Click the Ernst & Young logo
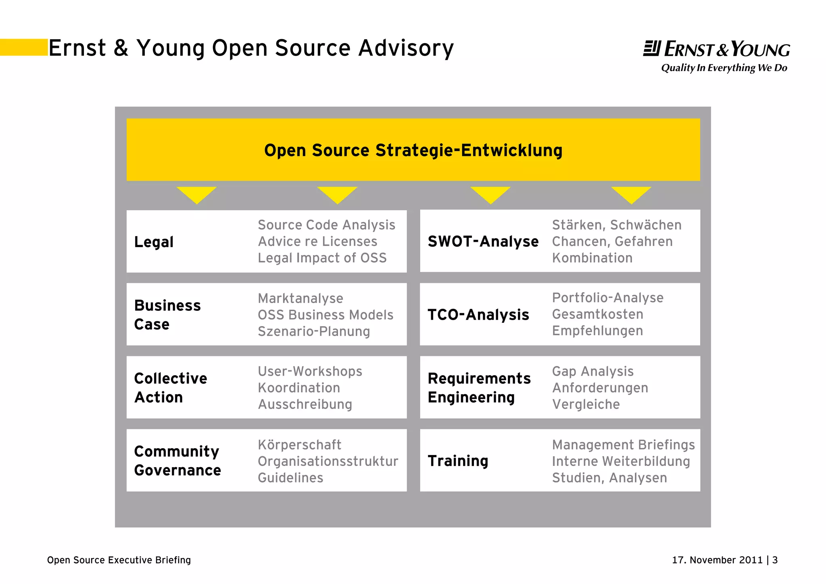pos(716,49)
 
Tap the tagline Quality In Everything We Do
pos(724,68)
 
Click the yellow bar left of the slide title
pos(24,47)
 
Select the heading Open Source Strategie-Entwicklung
pos(413,150)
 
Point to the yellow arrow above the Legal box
pos(196,195)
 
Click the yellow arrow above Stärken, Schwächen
pos(631,195)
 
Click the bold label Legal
pos(154,242)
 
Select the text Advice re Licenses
pos(317,241)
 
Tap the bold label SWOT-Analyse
pos(483,241)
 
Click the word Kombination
pos(592,258)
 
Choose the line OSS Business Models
pos(325,315)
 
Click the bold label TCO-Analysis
pos(478,315)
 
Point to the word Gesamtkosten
pos(597,314)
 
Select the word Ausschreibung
pos(305,404)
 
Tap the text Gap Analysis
pos(592,371)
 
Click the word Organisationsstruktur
pos(328,461)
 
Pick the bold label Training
pos(458,461)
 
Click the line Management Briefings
pos(623,445)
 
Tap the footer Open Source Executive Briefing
pos(119,560)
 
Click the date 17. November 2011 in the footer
pos(717,560)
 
